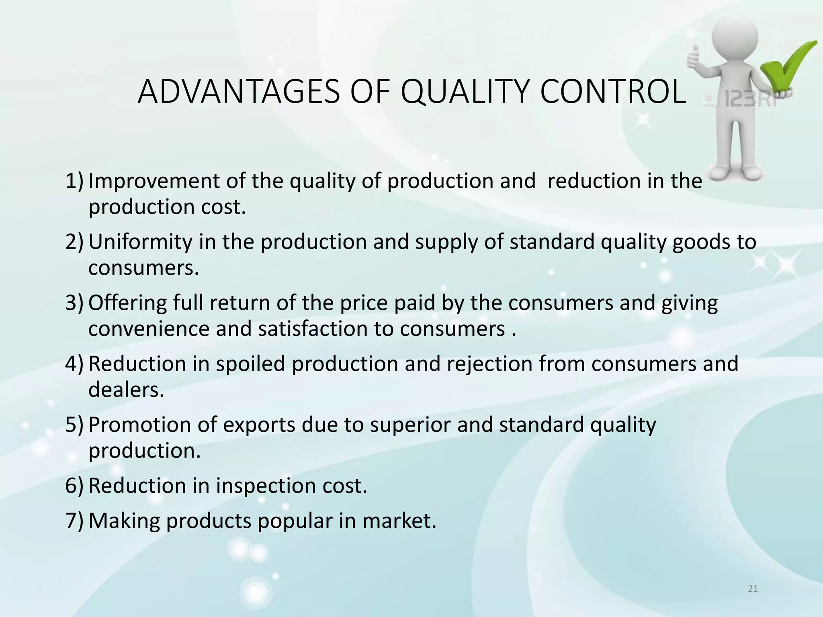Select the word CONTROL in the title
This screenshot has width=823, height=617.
click(612, 92)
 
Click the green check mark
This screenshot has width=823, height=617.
click(788, 64)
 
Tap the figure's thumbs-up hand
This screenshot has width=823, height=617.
click(694, 56)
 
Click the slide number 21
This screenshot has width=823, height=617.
click(753, 589)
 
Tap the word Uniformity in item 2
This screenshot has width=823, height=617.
click(140, 242)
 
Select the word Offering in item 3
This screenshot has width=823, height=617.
click(127, 303)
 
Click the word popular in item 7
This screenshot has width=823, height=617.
click(295, 521)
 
